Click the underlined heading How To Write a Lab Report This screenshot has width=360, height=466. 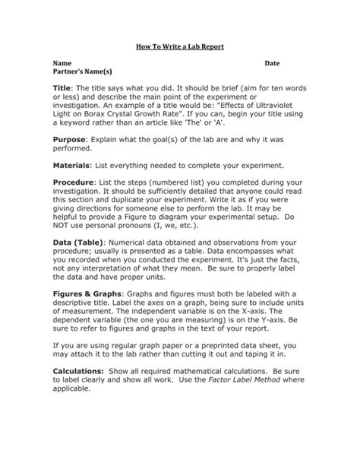[180, 46]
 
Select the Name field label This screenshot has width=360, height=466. [62, 62]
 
